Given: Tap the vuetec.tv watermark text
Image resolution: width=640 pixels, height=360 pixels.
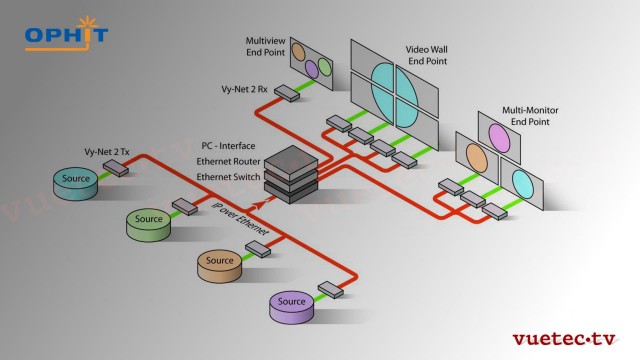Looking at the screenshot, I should [x=566, y=338].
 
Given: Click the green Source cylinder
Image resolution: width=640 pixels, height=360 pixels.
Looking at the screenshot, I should [x=149, y=220].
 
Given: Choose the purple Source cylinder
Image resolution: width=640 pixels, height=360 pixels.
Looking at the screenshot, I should [x=292, y=303].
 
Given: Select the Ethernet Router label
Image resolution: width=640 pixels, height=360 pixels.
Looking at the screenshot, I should [x=229, y=160].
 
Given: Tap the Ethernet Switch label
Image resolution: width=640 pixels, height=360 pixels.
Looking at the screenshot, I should [x=229, y=176].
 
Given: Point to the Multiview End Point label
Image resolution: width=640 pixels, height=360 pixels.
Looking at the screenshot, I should [x=265, y=47].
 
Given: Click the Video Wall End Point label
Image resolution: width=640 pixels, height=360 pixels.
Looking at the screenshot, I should [x=428, y=54].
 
